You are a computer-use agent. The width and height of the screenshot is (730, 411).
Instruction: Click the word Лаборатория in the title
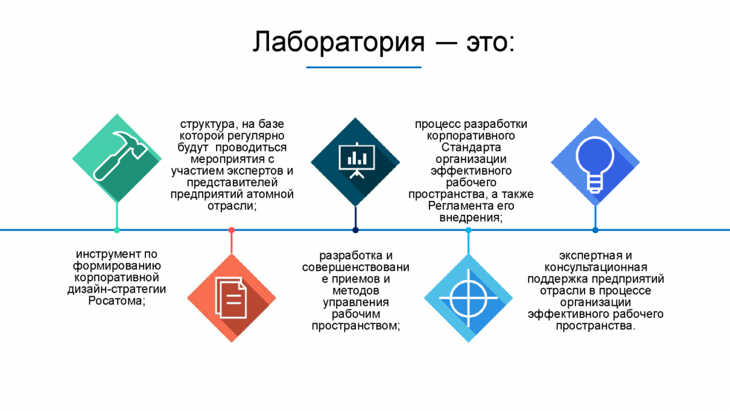click(x=338, y=42)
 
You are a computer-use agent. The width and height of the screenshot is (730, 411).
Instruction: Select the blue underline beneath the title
click(x=363, y=67)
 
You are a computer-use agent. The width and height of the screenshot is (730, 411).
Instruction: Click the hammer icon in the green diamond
click(x=116, y=158)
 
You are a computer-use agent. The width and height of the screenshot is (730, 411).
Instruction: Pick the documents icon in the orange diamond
click(x=231, y=298)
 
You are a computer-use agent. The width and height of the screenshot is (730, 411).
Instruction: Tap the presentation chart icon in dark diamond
click(x=355, y=161)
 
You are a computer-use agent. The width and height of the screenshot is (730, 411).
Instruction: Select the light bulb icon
click(x=595, y=161)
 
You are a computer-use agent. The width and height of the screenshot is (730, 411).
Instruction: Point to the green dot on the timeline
click(x=117, y=230)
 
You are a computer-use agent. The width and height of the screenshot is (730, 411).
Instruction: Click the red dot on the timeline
click(x=231, y=230)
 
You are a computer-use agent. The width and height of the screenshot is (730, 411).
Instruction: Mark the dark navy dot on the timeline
click(x=355, y=230)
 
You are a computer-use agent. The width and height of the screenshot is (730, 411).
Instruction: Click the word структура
click(x=205, y=124)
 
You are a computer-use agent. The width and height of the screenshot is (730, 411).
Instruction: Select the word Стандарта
click(x=471, y=147)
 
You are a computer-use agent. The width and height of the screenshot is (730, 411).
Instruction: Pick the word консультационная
click(x=596, y=267)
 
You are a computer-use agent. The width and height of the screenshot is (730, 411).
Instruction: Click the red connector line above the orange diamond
click(x=231, y=242)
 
